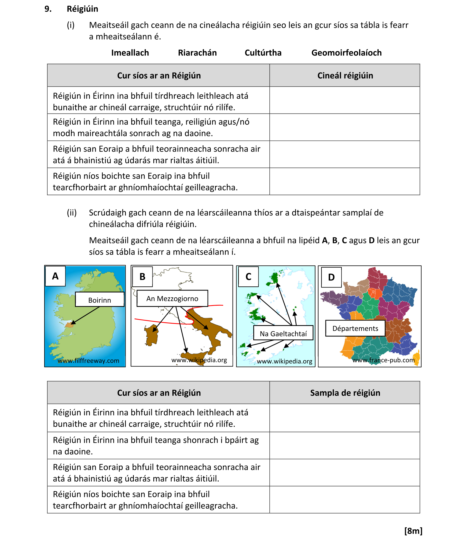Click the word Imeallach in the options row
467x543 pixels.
pos(130,53)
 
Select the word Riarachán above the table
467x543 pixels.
pos(197,53)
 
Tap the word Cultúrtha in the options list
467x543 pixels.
pos(263,53)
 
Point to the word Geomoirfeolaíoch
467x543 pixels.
pos(346,53)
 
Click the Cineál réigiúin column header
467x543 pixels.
pos(345,76)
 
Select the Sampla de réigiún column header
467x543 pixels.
pos(345,392)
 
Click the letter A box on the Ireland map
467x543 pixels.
pos(55,276)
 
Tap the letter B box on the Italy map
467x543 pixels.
pos(142,276)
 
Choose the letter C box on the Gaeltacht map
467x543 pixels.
pos(248,276)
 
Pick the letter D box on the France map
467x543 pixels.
pos(331,277)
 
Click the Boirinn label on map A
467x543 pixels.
pos(100,300)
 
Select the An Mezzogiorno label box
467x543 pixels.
pos(172,298)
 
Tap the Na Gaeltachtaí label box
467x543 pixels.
pos(283,333)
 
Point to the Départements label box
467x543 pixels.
pos(355,328)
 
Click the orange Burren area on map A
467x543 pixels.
pos(70,325)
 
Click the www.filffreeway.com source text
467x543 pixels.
pos(88,361)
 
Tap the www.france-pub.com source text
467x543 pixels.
pos(383,360)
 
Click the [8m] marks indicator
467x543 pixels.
pos(413,531)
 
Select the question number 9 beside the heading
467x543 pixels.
pos(48,9)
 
